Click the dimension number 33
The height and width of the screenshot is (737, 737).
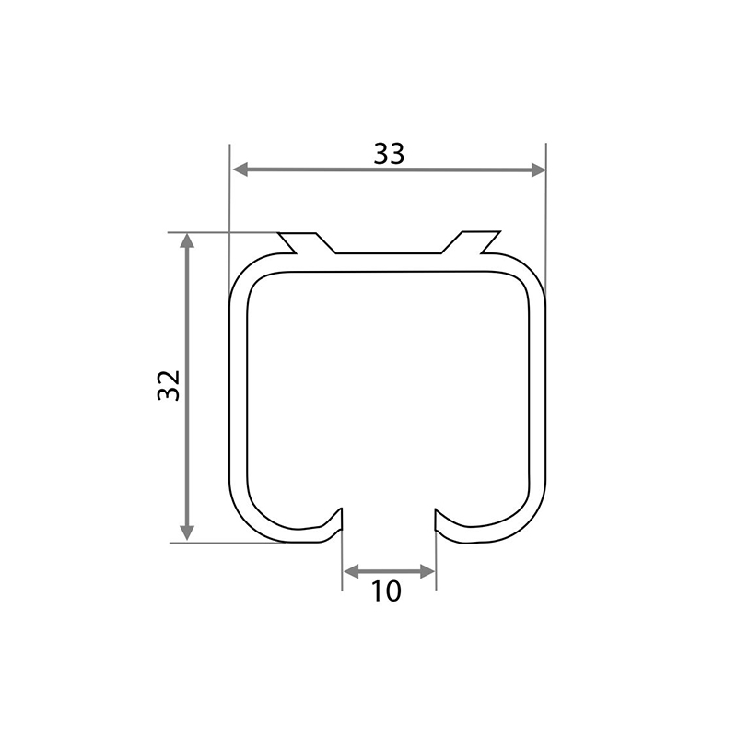389,154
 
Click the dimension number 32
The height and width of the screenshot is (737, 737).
169,385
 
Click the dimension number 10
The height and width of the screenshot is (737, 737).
386,591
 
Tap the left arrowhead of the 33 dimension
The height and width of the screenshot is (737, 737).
240,170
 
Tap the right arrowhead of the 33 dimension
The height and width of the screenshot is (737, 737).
538,170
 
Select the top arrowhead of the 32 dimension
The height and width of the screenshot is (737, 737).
187,240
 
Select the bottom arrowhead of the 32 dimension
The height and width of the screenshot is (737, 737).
187,533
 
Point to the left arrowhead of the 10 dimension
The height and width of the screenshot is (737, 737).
351,571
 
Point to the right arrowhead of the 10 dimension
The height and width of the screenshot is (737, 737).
427,571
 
